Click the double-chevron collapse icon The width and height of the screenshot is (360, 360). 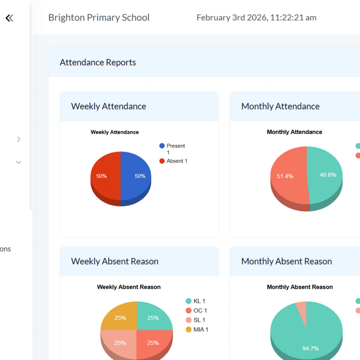coord(9,18)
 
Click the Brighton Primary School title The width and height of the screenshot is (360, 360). coord(99,18)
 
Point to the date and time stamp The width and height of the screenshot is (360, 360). coord(256,18)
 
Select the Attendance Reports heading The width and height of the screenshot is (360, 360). coord(98,62)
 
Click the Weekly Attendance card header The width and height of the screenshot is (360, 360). coord(109,106)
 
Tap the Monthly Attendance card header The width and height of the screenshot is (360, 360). coord(280,106)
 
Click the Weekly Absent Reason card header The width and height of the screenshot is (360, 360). coord(115,262)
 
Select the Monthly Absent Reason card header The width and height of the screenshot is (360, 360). coord(286,262)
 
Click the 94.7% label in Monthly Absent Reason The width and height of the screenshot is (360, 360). coord(310,348)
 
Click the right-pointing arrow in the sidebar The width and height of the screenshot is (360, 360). coord(19,139)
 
